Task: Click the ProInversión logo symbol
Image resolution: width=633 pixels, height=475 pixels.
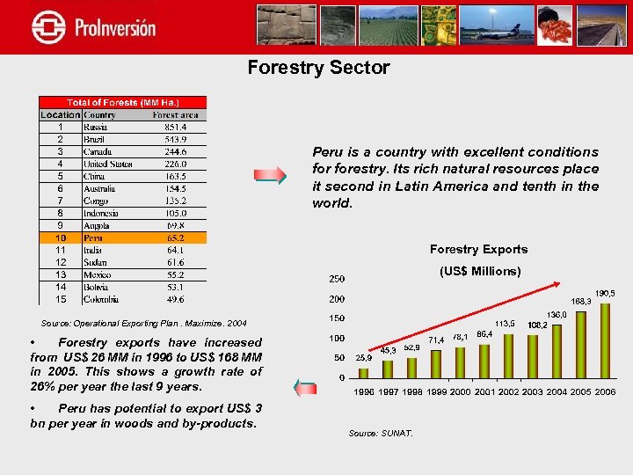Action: click(48, 26)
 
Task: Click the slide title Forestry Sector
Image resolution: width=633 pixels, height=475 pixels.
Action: click(318, 68)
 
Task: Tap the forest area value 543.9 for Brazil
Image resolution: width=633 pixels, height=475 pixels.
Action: click(176, 139)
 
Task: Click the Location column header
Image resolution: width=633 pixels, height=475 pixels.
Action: click(60, 114)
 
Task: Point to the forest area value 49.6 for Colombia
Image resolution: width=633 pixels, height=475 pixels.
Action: click(176, 299)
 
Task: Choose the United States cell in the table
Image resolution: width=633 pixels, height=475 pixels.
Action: click(107, 164)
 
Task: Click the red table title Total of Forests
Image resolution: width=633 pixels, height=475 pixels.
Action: click(122, 102)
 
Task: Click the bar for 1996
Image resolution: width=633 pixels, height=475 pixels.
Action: click(363, 372)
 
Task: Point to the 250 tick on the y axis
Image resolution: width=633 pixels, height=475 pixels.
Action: click(337, 279)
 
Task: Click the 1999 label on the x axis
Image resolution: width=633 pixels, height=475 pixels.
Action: click(437, 391)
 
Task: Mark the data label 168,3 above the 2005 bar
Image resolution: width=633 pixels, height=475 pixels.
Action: click(581, 302)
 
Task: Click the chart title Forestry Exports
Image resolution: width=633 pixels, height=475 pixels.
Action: click(478, 250)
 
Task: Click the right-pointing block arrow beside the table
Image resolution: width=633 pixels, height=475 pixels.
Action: click(270, 176)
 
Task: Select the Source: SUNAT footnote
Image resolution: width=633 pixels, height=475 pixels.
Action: click(380, 433)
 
